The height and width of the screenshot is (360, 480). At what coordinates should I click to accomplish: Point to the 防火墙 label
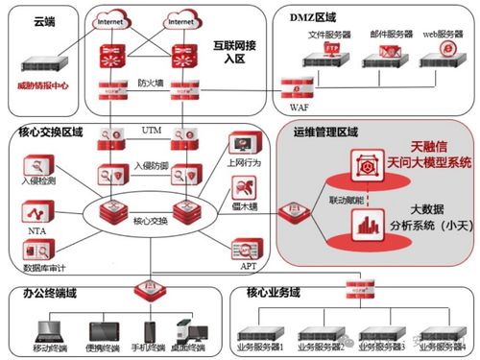point(149,83)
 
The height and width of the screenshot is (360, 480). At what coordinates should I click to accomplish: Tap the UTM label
point(151,128)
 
